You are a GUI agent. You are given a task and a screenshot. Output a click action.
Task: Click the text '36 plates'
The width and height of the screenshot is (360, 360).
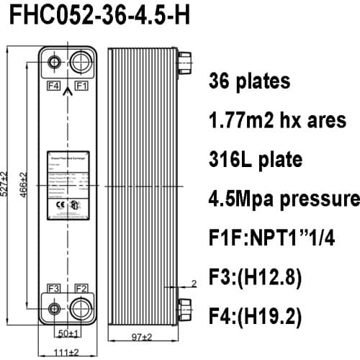pyautogui.click(x=250, y=81)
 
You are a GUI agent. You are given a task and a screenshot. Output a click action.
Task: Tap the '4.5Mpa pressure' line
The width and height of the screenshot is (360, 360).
pyautogui.click(x=283, y=198)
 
